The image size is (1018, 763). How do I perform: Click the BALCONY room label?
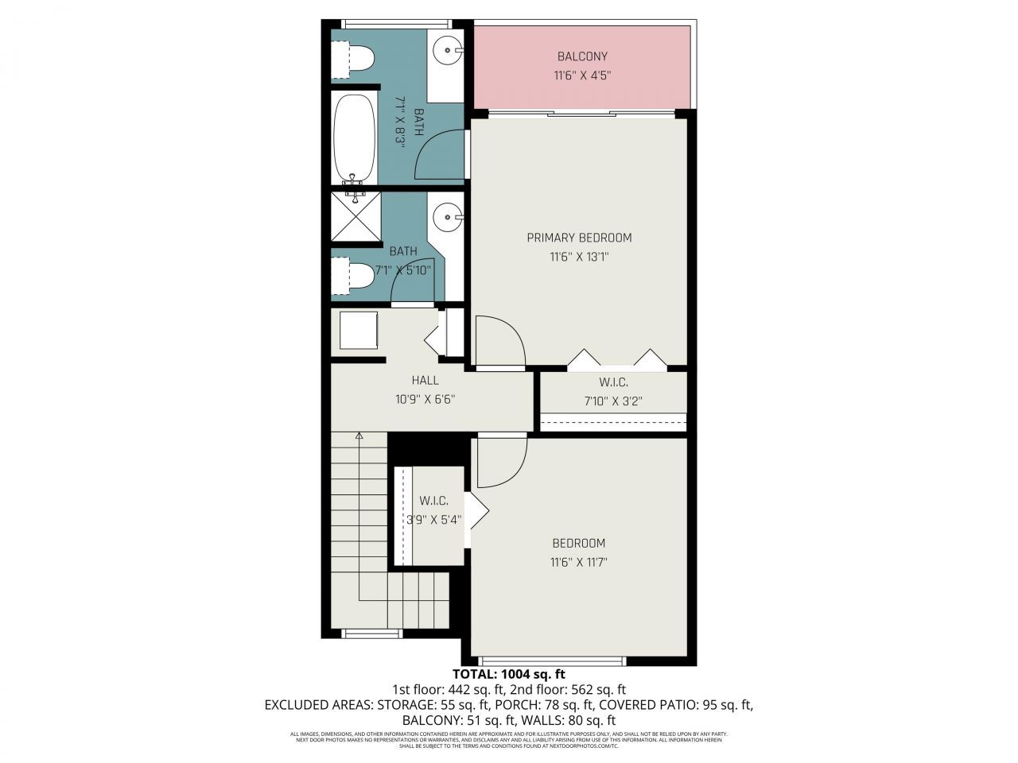tap(581, 56)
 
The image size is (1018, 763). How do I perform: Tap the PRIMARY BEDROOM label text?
tap(579, 238)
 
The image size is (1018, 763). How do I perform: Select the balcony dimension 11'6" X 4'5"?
tap(581, 76)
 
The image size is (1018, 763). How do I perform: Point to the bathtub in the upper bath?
tap(354, 139)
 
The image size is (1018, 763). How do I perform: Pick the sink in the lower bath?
tap(448, 216)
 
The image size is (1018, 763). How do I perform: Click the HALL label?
tap(425, 381)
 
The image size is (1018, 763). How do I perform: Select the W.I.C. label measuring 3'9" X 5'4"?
tap(434, 501)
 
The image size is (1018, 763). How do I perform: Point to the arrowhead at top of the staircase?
tap(359, 436)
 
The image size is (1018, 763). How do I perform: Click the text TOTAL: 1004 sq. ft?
tap(508, 674)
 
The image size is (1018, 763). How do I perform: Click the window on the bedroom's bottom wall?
tap(554, 660)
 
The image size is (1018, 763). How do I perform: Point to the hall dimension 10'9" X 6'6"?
tap(425, 401)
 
